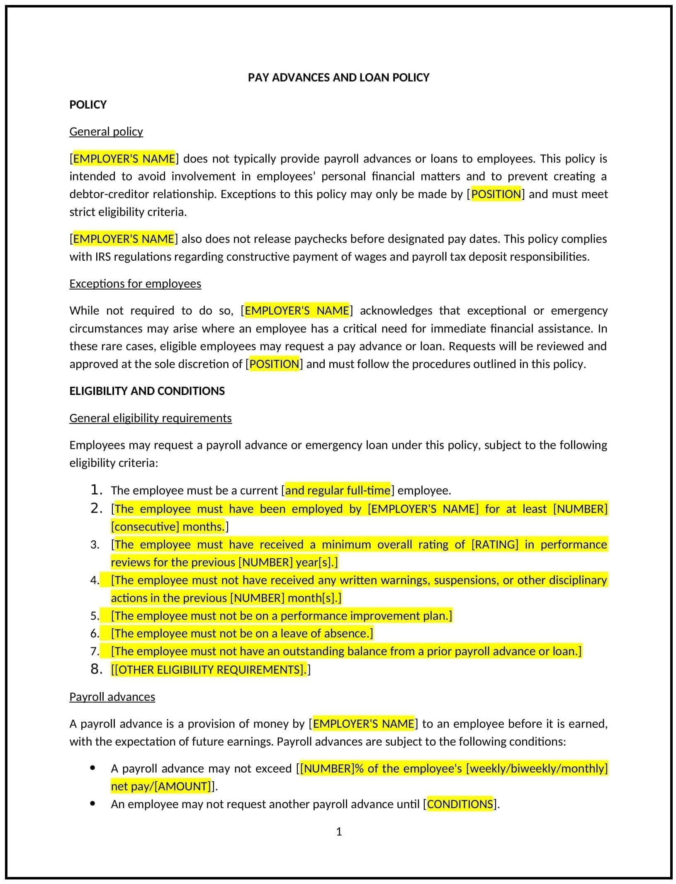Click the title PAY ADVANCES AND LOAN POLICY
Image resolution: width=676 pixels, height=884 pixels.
[338, 78]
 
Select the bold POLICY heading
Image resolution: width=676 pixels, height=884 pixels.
[88, 104]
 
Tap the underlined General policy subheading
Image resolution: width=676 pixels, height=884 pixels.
[106, 131]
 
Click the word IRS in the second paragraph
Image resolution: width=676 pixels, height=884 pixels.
[103, 257]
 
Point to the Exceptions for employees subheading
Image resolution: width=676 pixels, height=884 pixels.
[135, 283]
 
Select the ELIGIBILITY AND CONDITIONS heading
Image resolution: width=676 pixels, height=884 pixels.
[147, 391]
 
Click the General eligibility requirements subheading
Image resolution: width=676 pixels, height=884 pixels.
[151, 418]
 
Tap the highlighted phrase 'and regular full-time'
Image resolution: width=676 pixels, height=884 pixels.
[338, 490]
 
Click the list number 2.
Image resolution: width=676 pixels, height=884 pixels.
[96, 509]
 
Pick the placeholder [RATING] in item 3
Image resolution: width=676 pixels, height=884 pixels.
[495, 545]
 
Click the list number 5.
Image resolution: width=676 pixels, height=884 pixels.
[95, 616]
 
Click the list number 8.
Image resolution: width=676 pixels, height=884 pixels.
[96, 669]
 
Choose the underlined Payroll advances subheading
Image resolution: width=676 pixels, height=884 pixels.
[112, 697]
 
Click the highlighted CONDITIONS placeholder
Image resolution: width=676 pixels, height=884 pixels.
[460, 804]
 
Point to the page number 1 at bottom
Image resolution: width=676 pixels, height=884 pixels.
[339, 832]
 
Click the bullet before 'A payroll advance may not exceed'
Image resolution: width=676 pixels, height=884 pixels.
[92, 768]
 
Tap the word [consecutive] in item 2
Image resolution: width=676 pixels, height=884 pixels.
[145, 527]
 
